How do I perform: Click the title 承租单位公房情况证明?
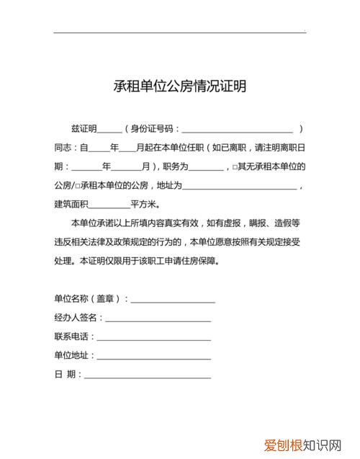click(180, 86)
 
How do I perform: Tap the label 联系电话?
click(71, 337)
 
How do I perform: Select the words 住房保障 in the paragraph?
click(201, 260)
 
